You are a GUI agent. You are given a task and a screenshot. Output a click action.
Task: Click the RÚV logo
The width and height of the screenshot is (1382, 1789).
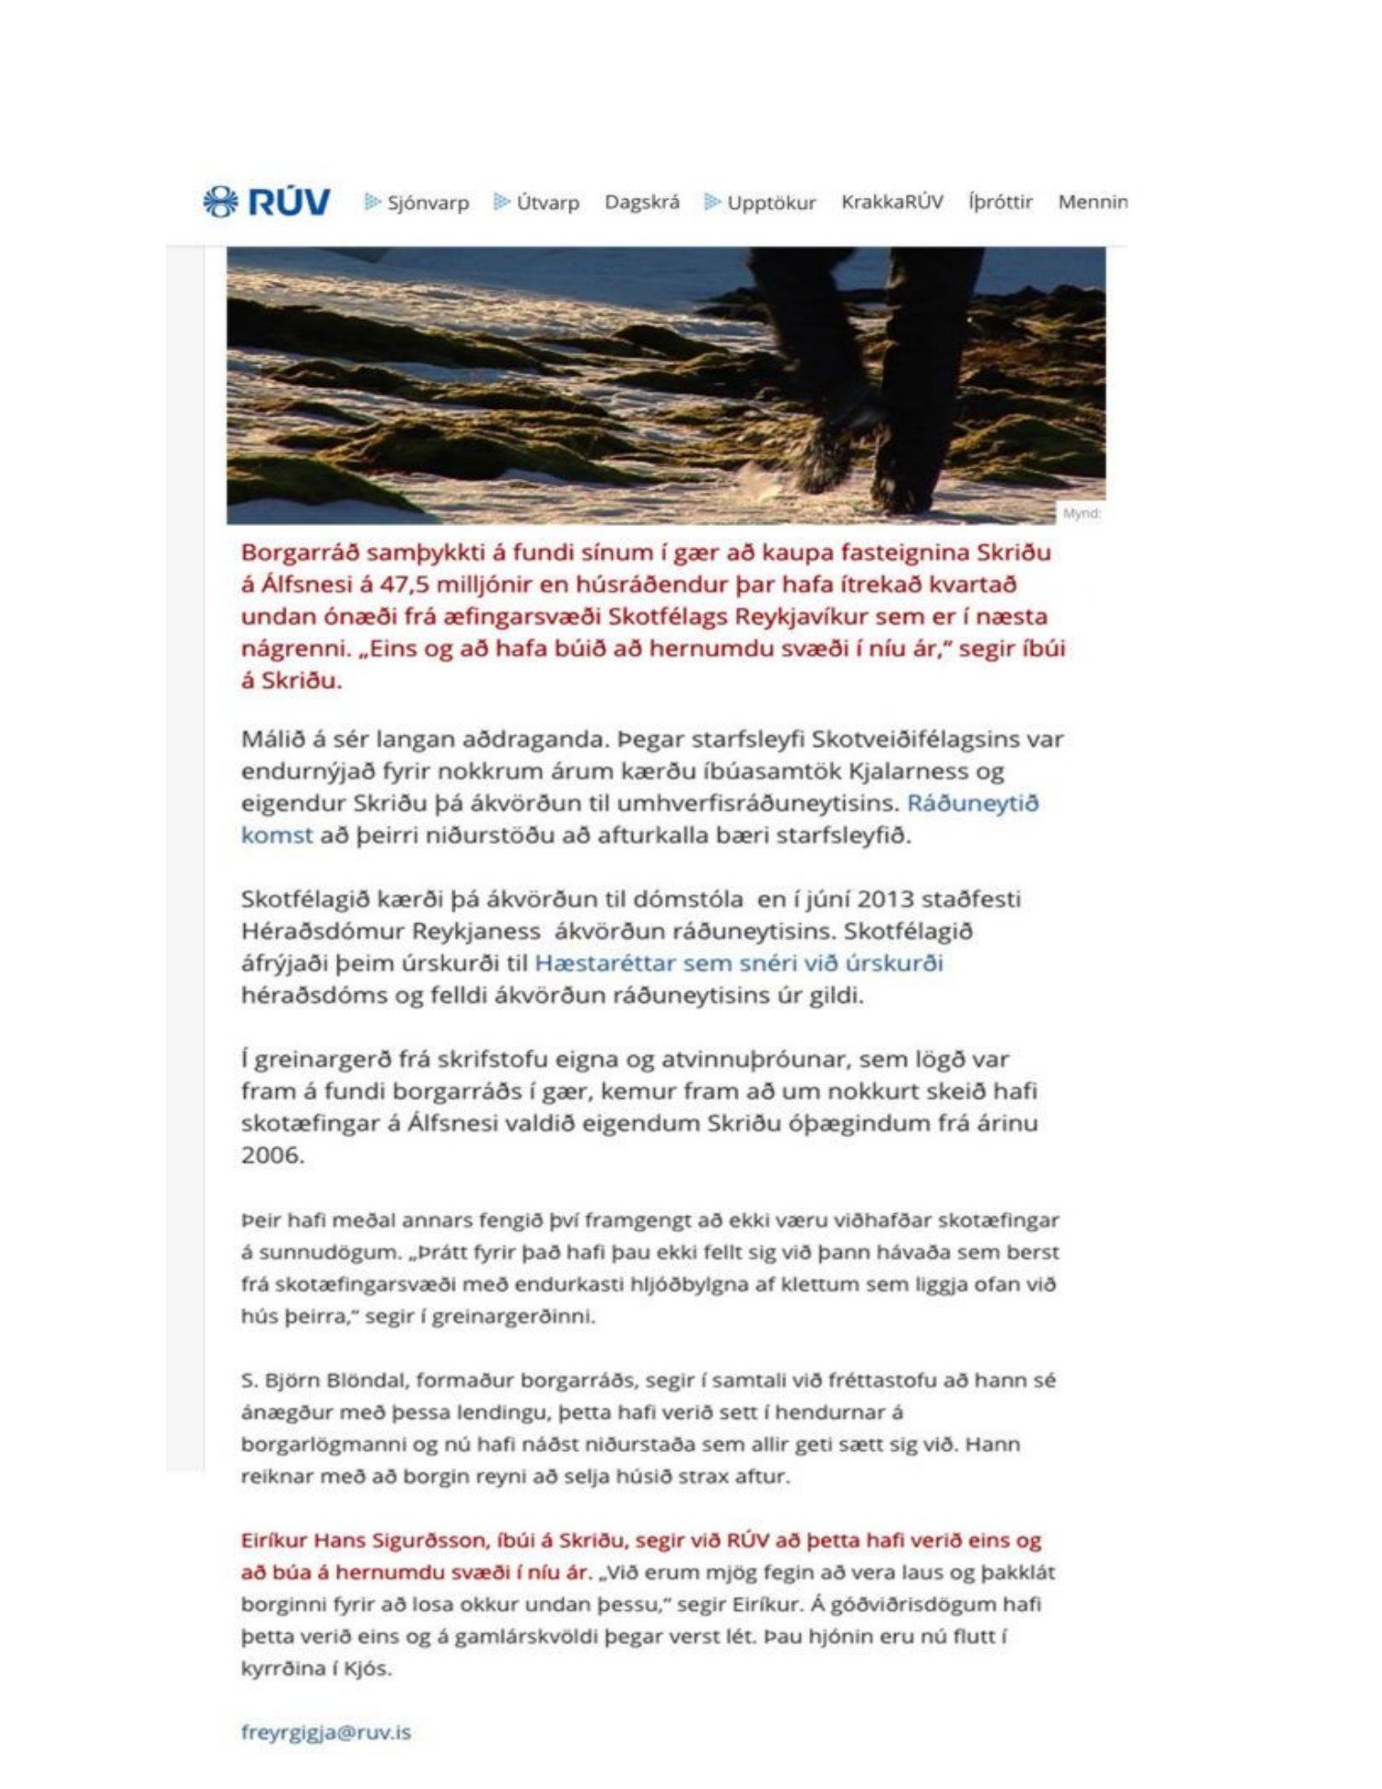[x=266, y=202]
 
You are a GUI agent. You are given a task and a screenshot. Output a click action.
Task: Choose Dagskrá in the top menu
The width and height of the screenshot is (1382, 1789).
[x=642, y=202]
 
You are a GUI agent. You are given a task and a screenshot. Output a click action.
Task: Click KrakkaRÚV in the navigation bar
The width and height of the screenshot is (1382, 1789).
[x=892, y=202]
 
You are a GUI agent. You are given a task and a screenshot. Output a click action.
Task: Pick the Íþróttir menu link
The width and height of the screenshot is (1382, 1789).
[x=1001, y=202]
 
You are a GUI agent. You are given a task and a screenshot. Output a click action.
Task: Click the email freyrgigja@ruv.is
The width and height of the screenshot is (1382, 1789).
[x=326, y=1732]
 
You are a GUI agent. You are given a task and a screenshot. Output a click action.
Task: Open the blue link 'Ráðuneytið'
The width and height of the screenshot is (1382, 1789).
[x=973, y=802]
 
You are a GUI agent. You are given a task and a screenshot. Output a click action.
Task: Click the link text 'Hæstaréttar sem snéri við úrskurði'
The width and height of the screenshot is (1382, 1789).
[x=739, y=963]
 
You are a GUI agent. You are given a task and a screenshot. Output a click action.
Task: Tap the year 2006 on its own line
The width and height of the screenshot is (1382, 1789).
[x=272, y=1154]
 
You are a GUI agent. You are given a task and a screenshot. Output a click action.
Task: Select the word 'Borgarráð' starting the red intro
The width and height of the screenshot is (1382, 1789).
[x=299, y=552]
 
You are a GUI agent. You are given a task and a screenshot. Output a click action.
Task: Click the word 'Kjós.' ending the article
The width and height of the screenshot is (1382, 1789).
[x=367, y=1668]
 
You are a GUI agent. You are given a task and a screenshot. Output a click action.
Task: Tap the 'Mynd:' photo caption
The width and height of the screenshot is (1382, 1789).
[x=1082, y=513]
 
